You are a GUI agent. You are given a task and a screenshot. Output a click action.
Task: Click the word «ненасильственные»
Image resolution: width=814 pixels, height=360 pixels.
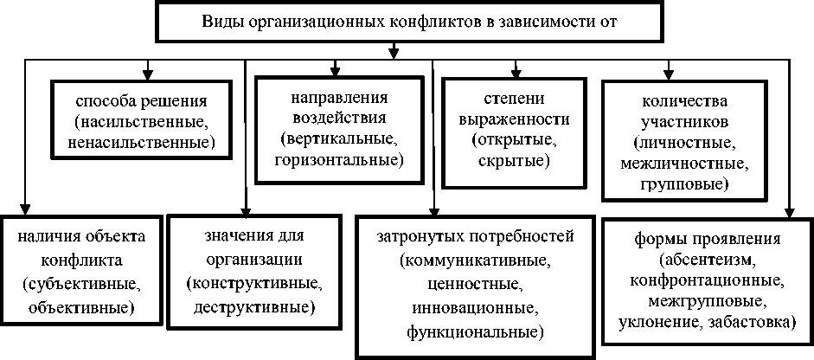[142, 138]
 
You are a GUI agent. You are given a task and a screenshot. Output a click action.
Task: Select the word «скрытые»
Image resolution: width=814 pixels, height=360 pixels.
[512, 161]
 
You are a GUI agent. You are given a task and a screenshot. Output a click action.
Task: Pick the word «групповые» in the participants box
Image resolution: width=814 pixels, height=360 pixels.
[684, 183]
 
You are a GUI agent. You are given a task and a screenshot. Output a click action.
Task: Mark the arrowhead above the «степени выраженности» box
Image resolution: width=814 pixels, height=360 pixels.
[516, 70]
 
